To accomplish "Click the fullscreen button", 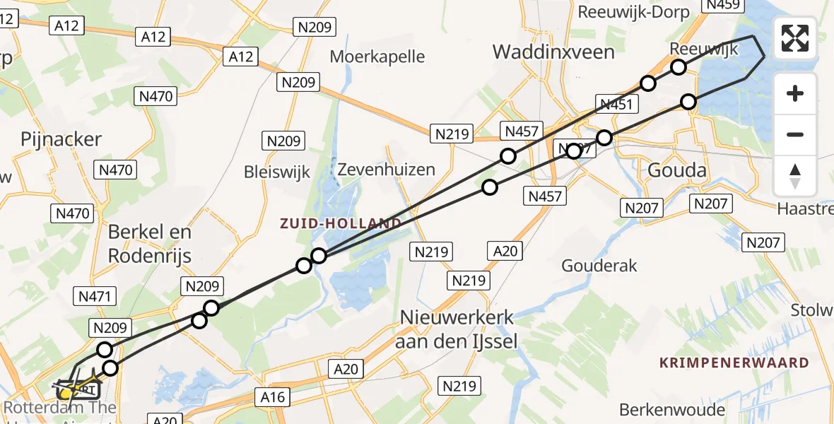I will (x=795, y=38).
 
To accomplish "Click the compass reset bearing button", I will (x=795, y=176).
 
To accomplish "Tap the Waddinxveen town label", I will (x=553, y=52).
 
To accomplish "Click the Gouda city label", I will (x=677, y=170).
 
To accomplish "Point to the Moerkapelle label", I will (x=377, y=56).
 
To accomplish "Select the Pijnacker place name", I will (x=61, y=139).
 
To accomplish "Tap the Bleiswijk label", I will (x=277, y=172).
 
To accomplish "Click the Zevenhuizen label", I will (x=386, y=170).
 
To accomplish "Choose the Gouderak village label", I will (x=599, y=266).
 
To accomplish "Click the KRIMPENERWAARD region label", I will (x=734, y=363).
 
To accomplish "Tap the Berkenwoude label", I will (x=671, y=410).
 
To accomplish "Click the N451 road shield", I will (x=618, y=105).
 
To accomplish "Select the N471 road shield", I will (x=95, y=298).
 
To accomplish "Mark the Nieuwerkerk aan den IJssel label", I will (x=457, y=329).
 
